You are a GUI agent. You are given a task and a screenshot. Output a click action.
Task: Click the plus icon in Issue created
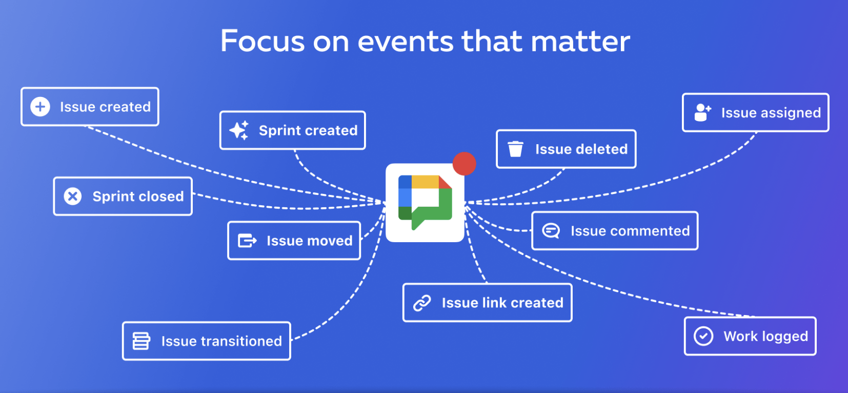pos(40,107)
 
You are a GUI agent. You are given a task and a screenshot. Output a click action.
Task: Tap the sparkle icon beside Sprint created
pos(239,130)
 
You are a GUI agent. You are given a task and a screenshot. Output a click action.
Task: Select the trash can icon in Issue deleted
pos(515,149)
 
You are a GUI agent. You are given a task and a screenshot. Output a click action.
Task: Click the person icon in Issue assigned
pos(702,112)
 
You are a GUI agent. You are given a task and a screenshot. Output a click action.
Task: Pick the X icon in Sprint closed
pos(73,196)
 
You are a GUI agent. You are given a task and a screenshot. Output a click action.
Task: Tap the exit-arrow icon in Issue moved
pos(247,241)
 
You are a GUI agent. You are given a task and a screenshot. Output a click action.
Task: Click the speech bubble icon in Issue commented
pos(551,231)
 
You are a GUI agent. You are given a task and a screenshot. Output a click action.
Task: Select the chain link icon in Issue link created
pos(422,303)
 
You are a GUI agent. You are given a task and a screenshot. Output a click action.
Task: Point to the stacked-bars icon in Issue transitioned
pos(142,341)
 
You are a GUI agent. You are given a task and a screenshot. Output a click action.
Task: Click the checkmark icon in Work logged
pos(703,336)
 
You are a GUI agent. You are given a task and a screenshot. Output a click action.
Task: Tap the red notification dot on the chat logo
pos(465,164)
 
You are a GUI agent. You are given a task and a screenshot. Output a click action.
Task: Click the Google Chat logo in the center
pos(425,203)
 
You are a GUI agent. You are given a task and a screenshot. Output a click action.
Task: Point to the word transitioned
pos(241,341)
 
